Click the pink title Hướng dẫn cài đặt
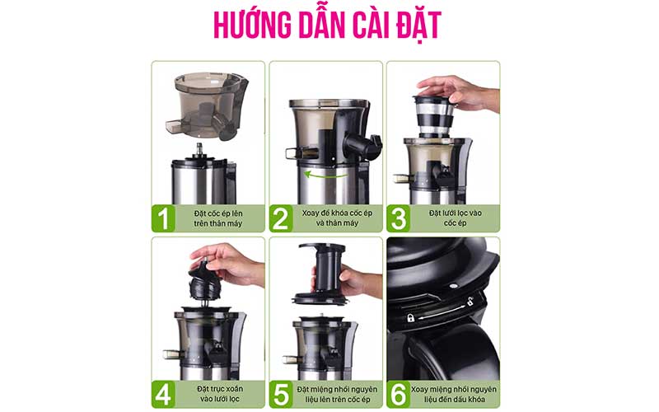pos(327,25)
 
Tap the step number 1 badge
pos(163,218)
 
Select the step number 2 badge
pos(281,218)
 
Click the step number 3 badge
pos(399,218)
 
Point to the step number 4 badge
pos(163,395)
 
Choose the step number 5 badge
pos(281,395)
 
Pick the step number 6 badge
pos(399,395)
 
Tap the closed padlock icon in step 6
pos(410,318)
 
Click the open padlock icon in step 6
pos(470,301)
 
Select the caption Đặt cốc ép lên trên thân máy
pos(218,218)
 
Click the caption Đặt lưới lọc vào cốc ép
pos(456,218)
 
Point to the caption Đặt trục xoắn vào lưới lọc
pos(220,395)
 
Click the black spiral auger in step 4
pos(204,282)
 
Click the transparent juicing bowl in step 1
pos(207,106)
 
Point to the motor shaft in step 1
pos(199,150)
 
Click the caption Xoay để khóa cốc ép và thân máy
pos(337,218)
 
